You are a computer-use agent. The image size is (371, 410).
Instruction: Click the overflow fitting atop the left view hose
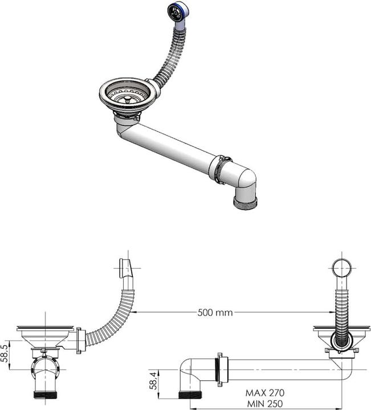click(x=126, y=268)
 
